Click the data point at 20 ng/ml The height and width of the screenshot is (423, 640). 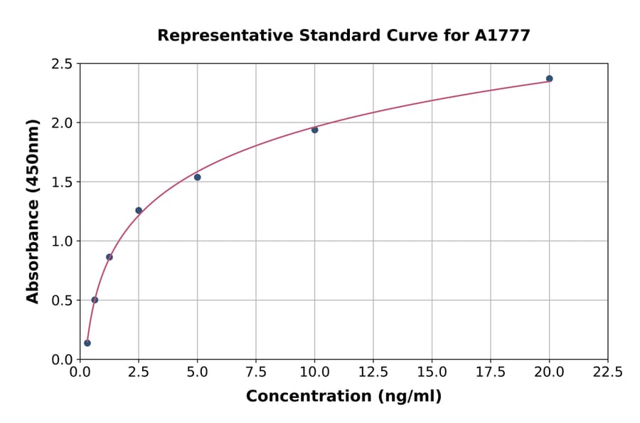click(x=549, y=78)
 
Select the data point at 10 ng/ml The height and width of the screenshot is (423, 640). click(x=314, y=130)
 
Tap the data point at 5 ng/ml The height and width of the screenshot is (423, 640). click(x=197, y=177)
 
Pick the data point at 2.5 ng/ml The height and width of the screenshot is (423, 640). click(x=139, y=210)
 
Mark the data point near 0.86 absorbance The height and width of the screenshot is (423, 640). click(x=110, y=257)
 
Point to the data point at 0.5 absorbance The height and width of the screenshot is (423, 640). click(x=95, y=300)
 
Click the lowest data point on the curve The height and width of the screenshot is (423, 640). click(x=87, y=343)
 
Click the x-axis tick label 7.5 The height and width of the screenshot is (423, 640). click(x=256, y=372)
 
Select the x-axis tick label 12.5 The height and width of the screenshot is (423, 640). click(x=373, y=372)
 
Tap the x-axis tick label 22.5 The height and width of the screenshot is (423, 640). click(x=607, y=372)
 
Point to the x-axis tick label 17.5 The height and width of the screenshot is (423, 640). click(x=490, y=372)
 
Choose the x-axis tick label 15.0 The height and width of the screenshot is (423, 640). click(x=432, y=372)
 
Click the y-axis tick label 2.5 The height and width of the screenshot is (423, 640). click(x=62, y=64)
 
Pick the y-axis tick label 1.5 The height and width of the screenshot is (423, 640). click(x=62, y=182)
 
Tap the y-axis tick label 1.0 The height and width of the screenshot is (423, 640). click(x=62, y=241)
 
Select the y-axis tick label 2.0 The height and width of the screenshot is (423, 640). click(x=62, y=123)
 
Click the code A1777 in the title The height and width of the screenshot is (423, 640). click(x=502, y=35)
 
